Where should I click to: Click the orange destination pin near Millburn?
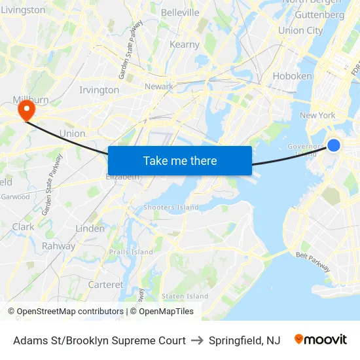pos(26,109)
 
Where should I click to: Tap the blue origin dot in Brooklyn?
pos(334,145)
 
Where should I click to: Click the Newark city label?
pos(158,86)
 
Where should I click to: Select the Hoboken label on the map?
pos(292,76)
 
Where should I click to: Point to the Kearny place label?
pos(185,45)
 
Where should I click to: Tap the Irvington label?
pos(99,90)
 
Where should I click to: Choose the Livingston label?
pos(23,10)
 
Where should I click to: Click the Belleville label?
pos(179,12)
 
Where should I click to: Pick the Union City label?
pos(300,30)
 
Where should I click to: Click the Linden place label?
pos(90,228)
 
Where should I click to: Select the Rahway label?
pos(59,246)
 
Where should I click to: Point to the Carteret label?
pos(105,285)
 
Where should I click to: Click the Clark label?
pos(23,227)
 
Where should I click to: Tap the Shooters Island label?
pos(171,207)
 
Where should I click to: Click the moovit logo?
pos(321,340)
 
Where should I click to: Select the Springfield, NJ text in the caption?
pos(244,340)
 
